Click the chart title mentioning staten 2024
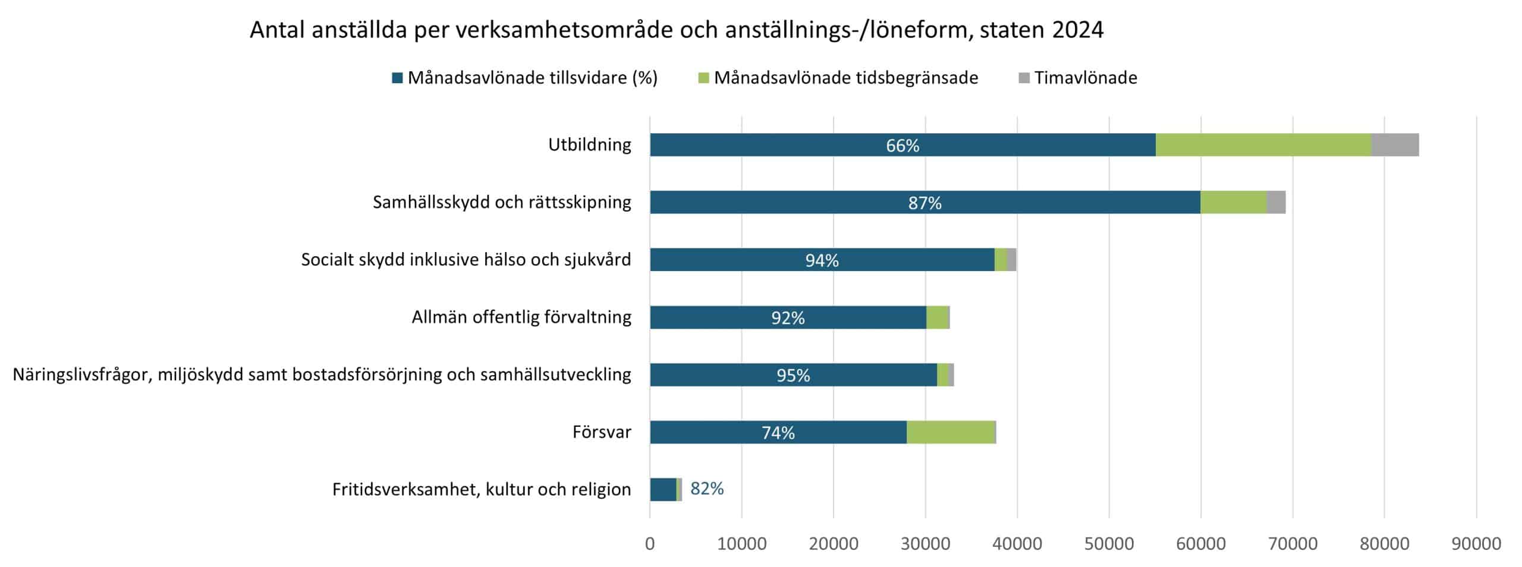pyautogui.click(x=676, y=30)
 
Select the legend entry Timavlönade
pyautogui.click(x=1085, y=78)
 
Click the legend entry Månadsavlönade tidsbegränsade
pyautogui.click(x=845, y=78)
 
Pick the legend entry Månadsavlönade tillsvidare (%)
pyautogui.click(x=532, y=78)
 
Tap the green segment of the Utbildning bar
pyautogui.click(x=1263, y=145)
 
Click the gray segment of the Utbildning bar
pyautogui.click(x=1395, y=145)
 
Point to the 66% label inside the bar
pyautogui.click(x=902, y=146)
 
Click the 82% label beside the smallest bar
pyautogui.click(x=707, y=489)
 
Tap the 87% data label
pyautogui.click(x=924, y=203)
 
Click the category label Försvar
pyautogui.click(x=602, y=432)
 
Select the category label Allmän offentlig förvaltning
pyautogui.click(x=521, y=317)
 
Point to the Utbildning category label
pyautogui.click(x=589, y=145)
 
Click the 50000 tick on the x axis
pyautogui.click(x=1109, y=543)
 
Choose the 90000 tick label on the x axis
pyautogui.click(x=1476, y=543)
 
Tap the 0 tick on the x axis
pyautogui.click(x=650, y=543)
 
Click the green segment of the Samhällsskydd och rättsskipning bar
pyautogui.click(x=1233, y=203)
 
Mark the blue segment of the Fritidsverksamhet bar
pyautogui.click(x=663, y=490)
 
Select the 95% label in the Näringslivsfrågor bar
pyautogui.click(x=793, y=376)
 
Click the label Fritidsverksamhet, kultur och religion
pyautogui.click(x=482, y=490)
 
